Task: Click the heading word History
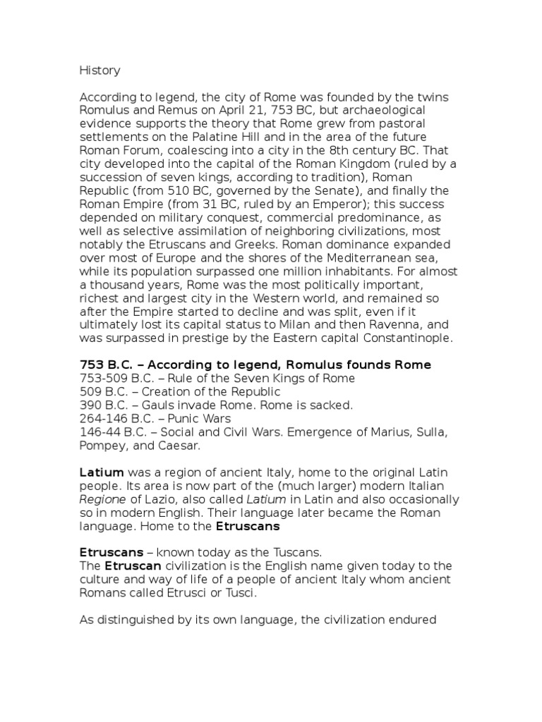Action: pyautogui.click(x=100, y=71)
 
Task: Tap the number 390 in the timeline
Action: pyautogui.click(x=90, y=405)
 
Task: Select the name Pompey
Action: pyautogui.click(x=102, y=446)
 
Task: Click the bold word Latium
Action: pyautogui.click(x=102, y=472)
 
